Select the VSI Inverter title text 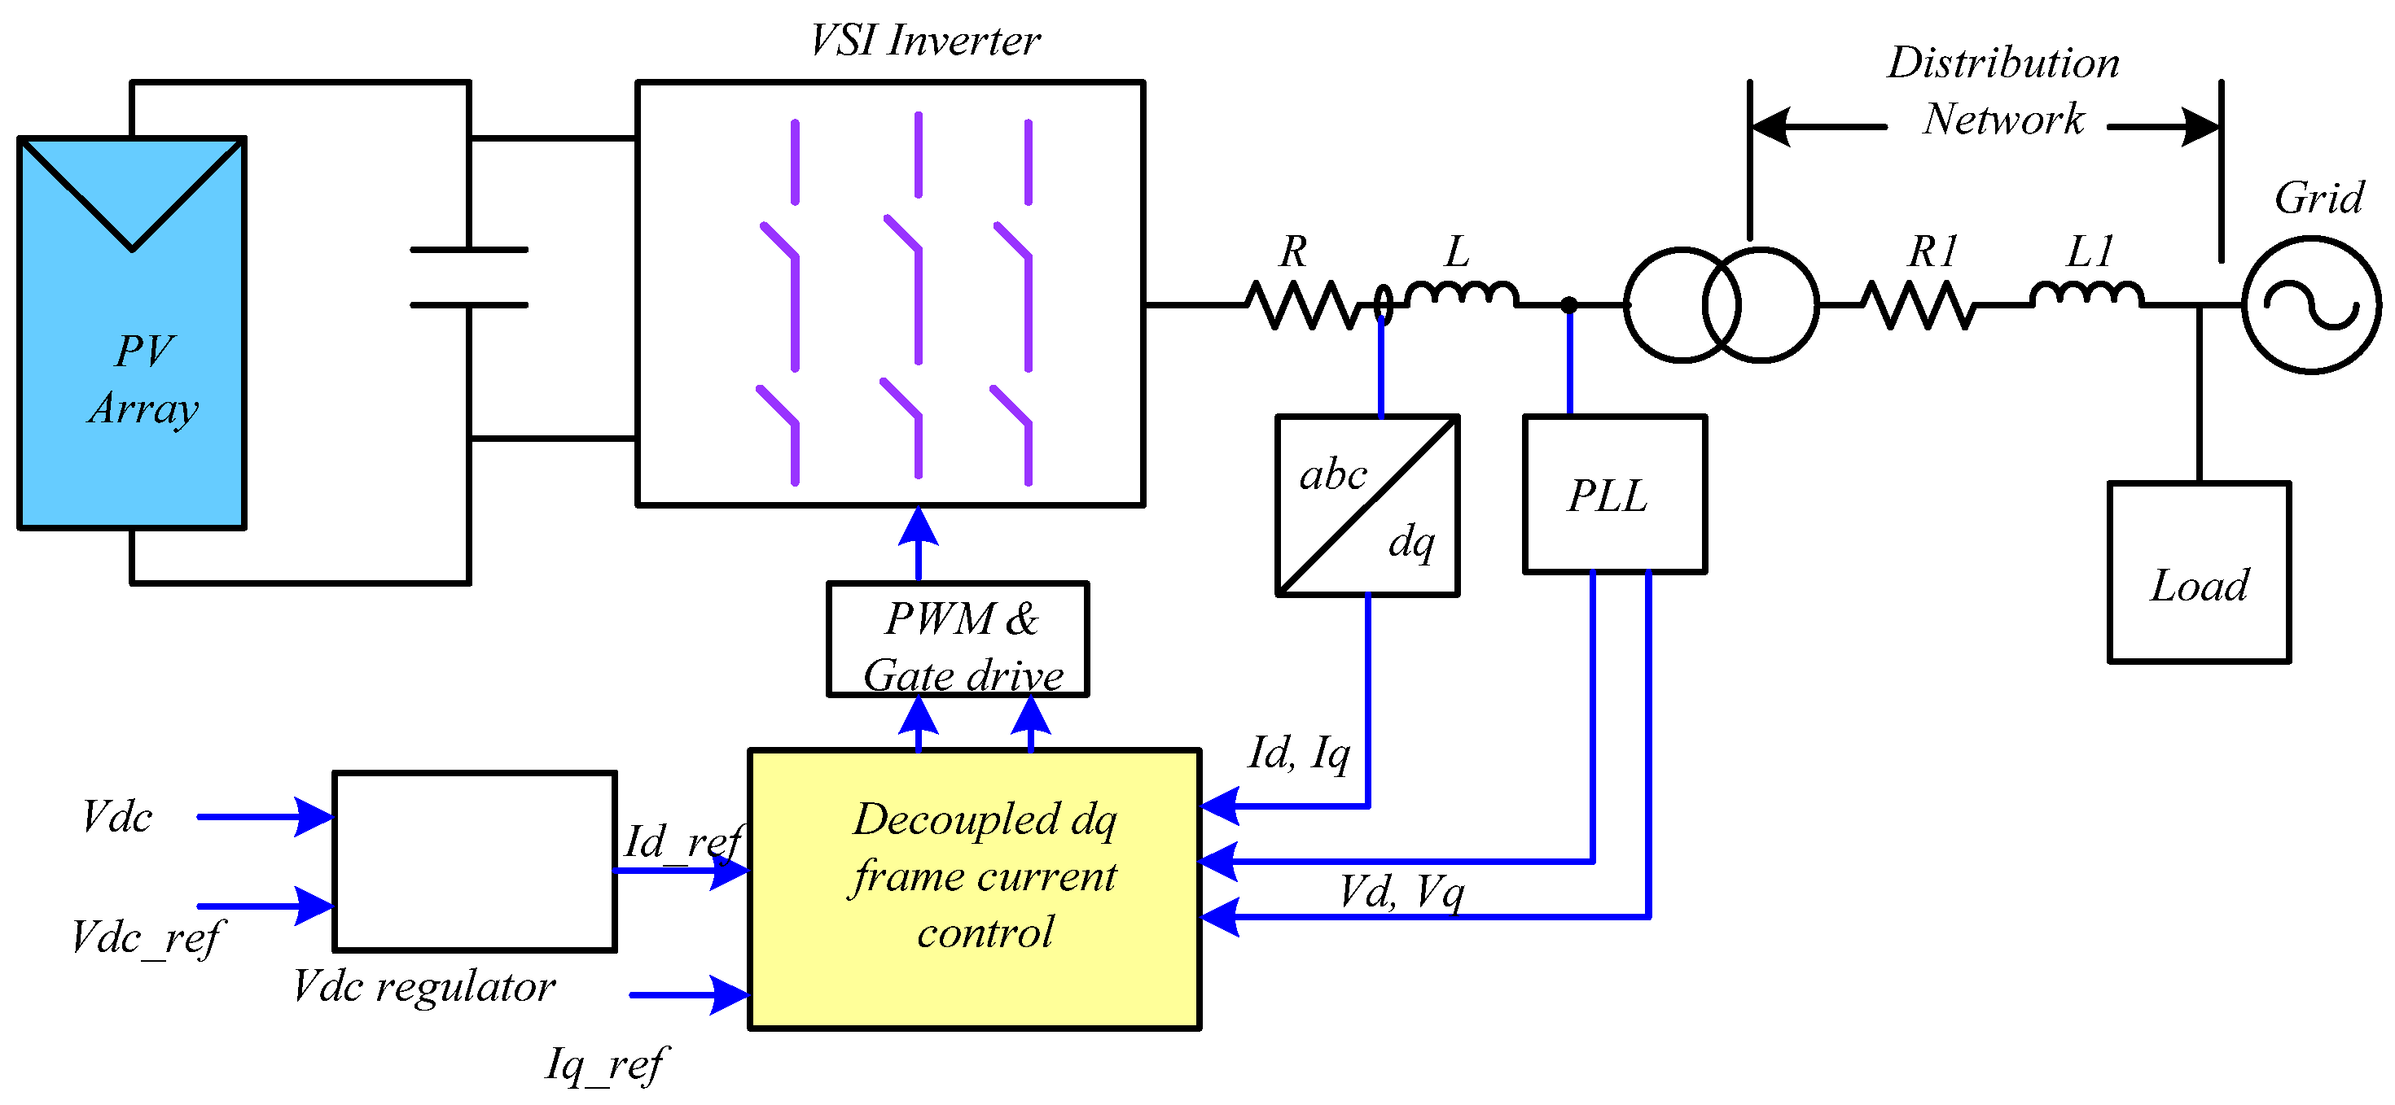[924, 41]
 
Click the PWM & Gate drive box [958, 640]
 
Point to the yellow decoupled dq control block [974, 889]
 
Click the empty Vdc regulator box [474, 862]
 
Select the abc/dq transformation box [1367, 505]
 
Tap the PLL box [1615, 495]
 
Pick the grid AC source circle [2311, 306]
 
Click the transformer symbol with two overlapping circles [1721, 305]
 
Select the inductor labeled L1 [2086, 295]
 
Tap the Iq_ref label [606, 1064]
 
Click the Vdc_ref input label [147, 937]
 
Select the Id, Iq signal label [1299, 753]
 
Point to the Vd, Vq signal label [1401, 892]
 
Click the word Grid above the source [2318, 198]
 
